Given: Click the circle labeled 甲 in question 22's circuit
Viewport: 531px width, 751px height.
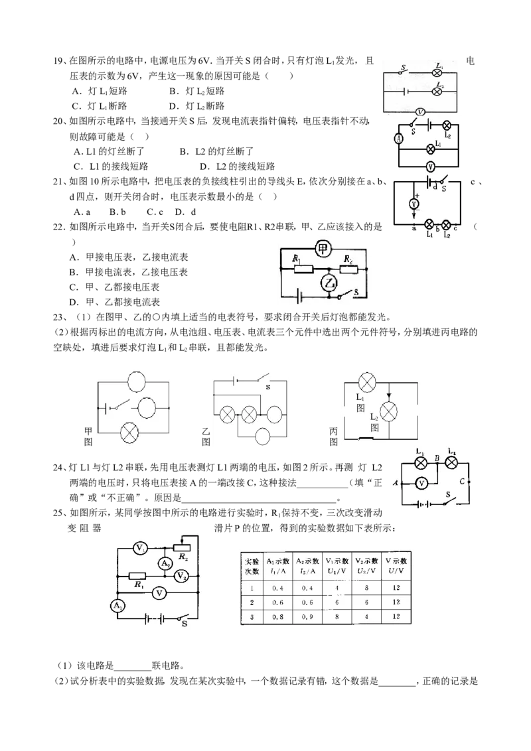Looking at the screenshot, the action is tap(323, 249).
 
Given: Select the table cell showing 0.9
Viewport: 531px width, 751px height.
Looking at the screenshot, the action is tap(307, 617).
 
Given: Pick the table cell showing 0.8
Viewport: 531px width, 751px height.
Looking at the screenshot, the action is tap(277, 617).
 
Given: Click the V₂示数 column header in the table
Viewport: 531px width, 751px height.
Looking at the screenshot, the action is tap(366, 566).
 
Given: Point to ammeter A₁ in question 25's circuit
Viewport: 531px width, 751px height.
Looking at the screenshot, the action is tap(117, 606).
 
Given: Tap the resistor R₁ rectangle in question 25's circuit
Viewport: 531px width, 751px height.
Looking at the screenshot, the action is tap(137, 576).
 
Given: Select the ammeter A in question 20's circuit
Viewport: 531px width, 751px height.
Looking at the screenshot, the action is tap(398, 139).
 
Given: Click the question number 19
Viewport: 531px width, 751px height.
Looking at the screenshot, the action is tap(58, 61).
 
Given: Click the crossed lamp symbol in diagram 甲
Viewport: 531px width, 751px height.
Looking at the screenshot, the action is tap(129, 433).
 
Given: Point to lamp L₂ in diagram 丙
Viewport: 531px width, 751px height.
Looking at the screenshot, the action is tap(389, 411).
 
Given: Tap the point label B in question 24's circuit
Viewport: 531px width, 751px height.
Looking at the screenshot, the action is tap(437, 458).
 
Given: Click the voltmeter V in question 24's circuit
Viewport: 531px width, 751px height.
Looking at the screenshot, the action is tap(421, 483).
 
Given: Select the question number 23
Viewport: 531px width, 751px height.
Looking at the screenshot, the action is tap(58, 317).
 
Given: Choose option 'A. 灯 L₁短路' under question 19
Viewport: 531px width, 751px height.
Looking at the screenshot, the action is tap(100, 91).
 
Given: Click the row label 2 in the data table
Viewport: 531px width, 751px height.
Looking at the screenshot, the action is tap(252, 602).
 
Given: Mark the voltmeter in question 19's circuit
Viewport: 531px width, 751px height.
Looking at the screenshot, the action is tap(419, 111).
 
